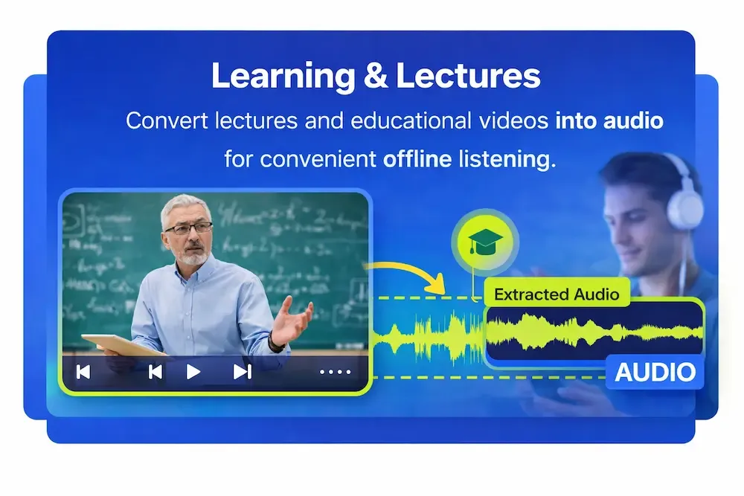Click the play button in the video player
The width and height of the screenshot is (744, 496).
coord(193,372)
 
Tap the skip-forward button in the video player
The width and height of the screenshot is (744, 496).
coord(242,372)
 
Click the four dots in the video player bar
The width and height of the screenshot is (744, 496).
coord(334,372)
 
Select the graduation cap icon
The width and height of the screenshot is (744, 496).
coord(484,241)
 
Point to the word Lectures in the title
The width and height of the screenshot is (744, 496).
coord(468,76)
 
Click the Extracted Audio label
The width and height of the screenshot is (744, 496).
coord(557,294)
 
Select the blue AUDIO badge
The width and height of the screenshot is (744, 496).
coord(655,372)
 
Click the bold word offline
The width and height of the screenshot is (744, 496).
coord(418,159)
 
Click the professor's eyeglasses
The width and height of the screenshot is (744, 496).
coord(187,228)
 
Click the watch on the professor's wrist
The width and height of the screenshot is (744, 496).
coord(277,341)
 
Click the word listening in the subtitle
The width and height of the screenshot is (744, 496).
coord(505,159)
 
